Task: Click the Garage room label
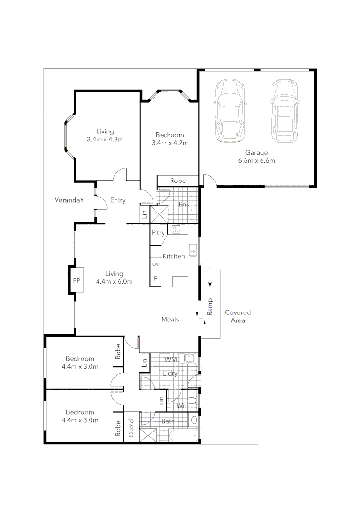[256, 152]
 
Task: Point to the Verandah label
[69, 200]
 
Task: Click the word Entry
[118, 200]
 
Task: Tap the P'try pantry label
[157, 232]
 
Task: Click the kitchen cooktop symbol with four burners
[177, 230]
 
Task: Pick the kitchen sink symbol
[193, 250]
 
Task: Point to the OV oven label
[155, 264]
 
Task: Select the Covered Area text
[237, 316]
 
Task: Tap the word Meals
[170, 320]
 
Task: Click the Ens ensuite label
[184, 205]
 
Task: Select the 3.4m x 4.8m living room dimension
[105, 140]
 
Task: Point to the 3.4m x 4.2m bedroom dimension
[170, 143]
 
